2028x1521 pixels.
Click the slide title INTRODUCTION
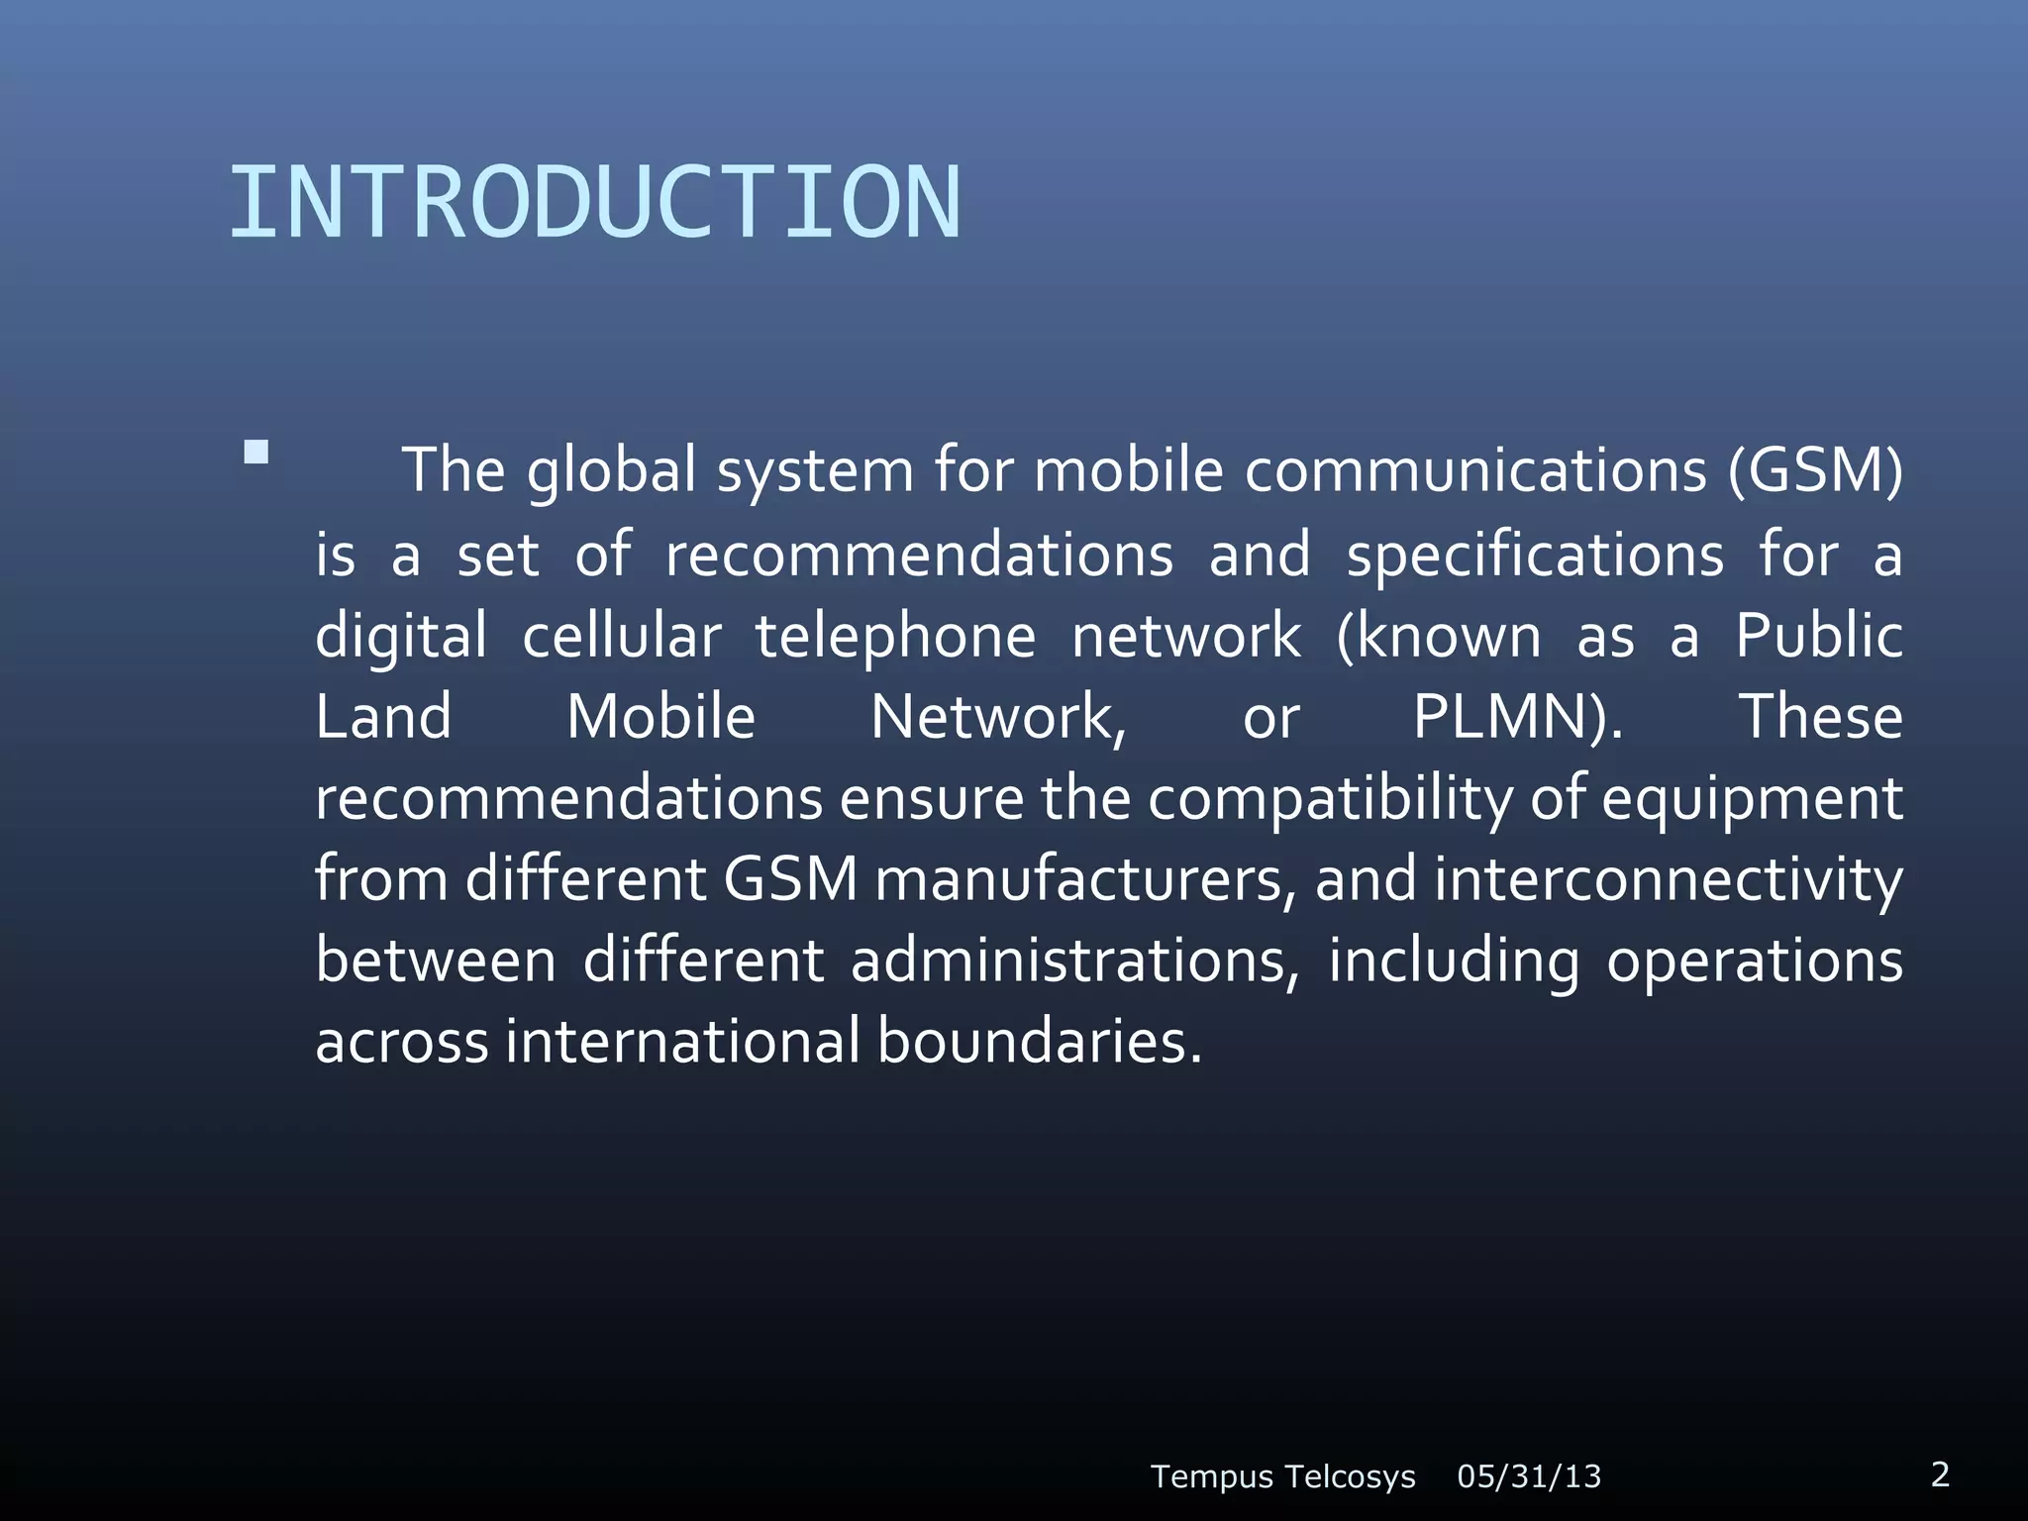pos(594,203)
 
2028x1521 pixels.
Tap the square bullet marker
pos(255,453)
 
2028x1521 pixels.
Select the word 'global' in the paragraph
pos(611,471)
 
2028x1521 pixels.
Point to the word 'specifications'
pos(1534,555)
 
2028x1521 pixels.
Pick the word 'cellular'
pos(621,636)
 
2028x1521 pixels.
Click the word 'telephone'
pos(895,636)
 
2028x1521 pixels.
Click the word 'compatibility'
pos(1330,799)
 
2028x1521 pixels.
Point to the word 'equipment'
pos(1752,799)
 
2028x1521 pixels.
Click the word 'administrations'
pos(1073,962)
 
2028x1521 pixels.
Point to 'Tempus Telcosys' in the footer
pos(1282,1476)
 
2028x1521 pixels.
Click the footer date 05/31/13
pos(1529,1476)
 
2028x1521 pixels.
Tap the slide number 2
pos(1940,1474)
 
